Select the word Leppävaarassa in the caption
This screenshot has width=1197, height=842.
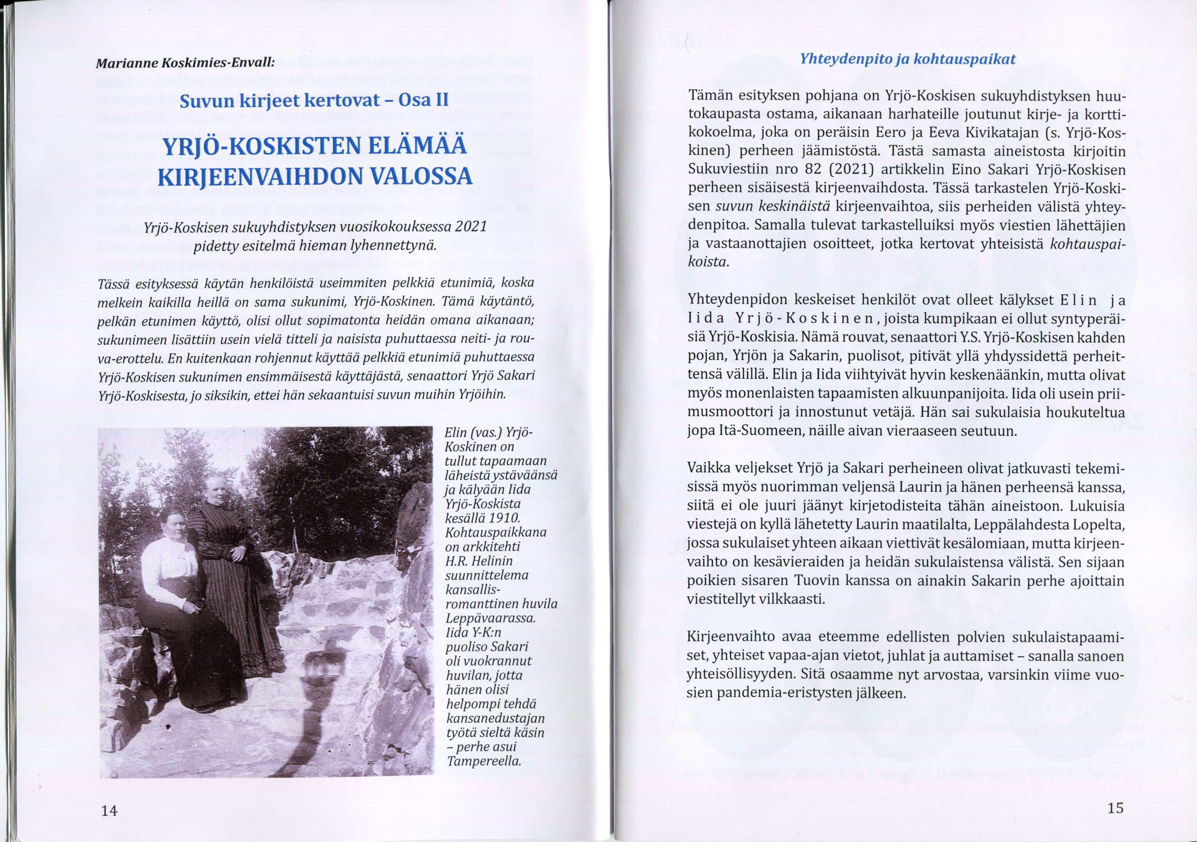(490, 618)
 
